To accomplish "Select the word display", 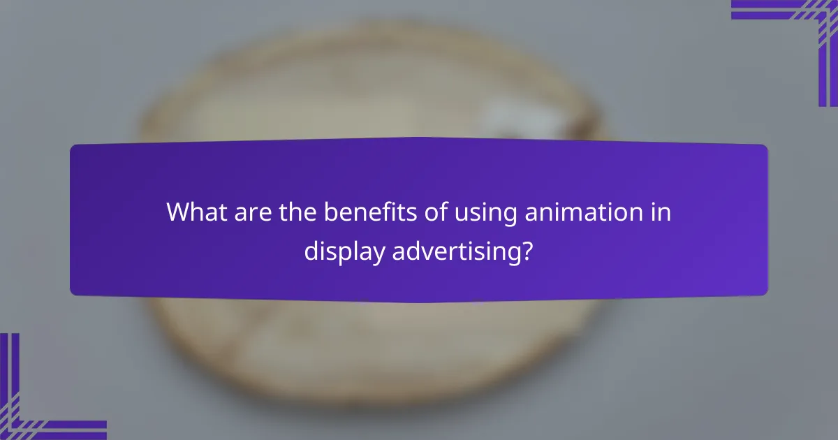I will pyautogui.click(x=343, y=251).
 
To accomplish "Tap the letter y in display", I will pyautogui.click(x=376, y=254).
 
